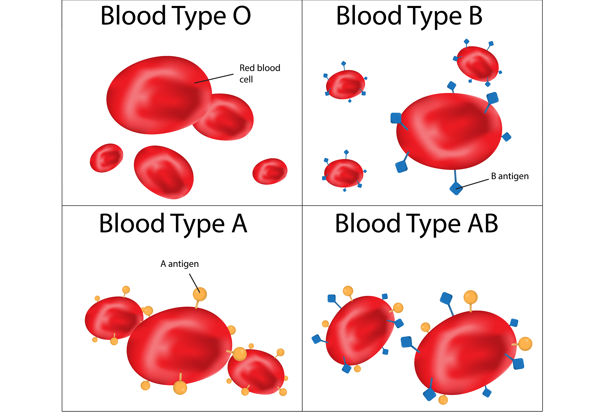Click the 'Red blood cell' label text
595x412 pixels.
tap(259, 73)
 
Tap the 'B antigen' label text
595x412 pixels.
tap(510, 176)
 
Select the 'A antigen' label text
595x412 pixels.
tap(179, 264)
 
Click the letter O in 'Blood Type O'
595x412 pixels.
tap(242, 16)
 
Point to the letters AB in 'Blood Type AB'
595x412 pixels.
tap(483, 224)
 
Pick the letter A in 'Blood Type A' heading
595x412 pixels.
tap(239, 224)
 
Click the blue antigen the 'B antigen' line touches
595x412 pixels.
tap(456, 188)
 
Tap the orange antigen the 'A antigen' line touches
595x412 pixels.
tap(200, 294)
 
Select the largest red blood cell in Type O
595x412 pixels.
tap(159, 95)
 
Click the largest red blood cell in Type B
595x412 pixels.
tap(449, 131)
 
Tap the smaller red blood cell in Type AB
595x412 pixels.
tap(360, 330)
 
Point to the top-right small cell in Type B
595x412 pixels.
tap(477, 63)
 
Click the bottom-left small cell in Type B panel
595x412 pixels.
tap(344, 173)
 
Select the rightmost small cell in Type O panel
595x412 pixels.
tap(270, 171)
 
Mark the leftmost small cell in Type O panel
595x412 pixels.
tap(107, 158)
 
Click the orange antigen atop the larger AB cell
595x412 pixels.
tap(470, 297)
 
